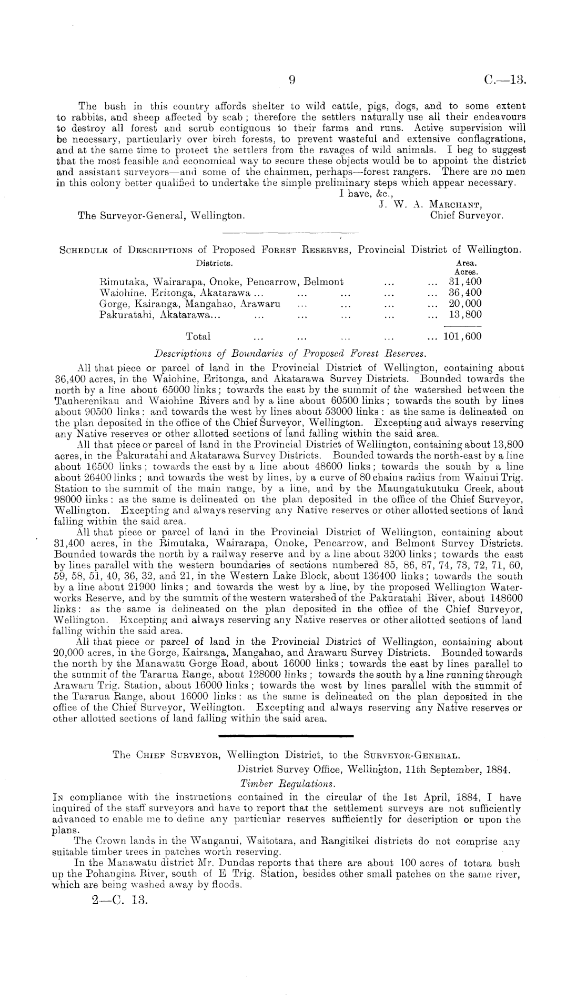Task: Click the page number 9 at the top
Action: click(294, 80)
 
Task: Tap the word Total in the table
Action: click(198, 336)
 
